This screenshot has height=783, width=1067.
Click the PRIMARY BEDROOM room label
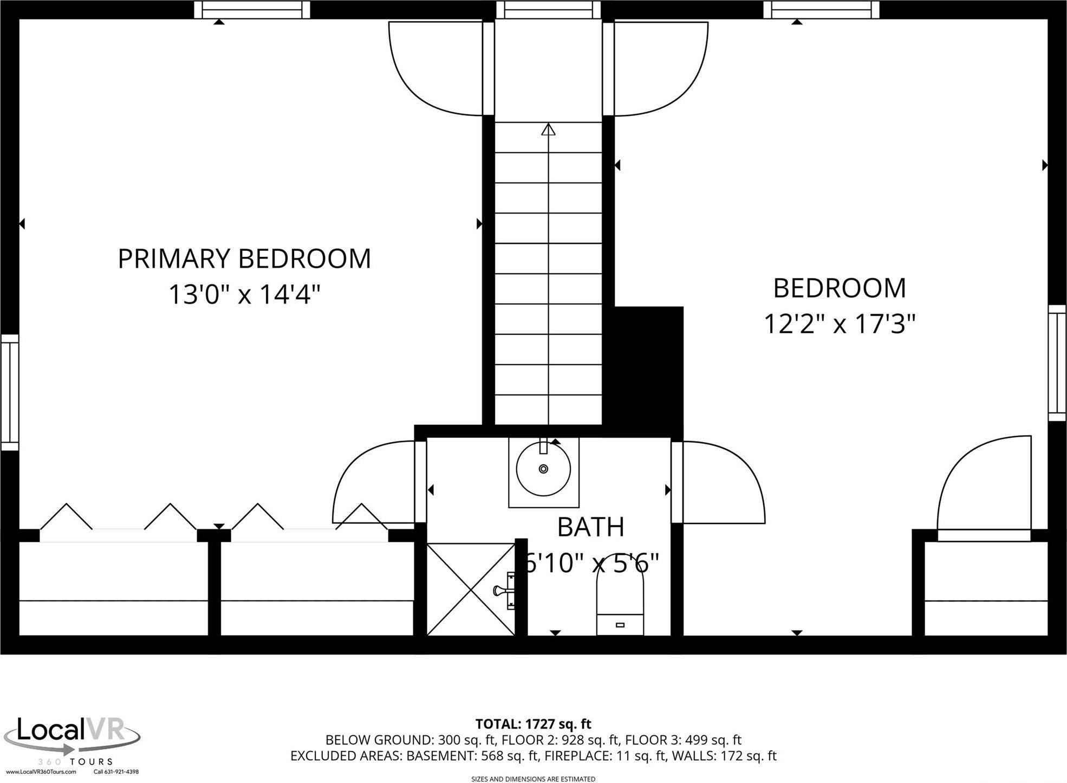(x=244, y=258)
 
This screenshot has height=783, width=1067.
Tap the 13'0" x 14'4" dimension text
(x=244, y=295)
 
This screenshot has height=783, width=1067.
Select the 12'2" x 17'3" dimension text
(x=839, y=324)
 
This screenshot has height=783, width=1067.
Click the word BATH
(x=590, y=527)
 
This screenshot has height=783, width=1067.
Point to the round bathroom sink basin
(x=543, y=469)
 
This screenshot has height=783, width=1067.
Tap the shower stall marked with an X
(x=471, y=589)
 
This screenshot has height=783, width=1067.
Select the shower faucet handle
(x=504, y=591)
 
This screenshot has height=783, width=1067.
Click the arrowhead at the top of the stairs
(x=549, y=130)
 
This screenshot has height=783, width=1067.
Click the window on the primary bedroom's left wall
(x=9, y=392)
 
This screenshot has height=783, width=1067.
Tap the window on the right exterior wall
(x=1057, y=363)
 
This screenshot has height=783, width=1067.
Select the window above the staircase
(x=549, y=9)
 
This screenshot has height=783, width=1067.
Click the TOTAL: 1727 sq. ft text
(x=533, y=724)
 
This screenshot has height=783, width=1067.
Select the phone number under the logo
(x=116, y=772)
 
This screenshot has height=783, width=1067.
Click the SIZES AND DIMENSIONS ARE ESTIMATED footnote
(x=533, y=779)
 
